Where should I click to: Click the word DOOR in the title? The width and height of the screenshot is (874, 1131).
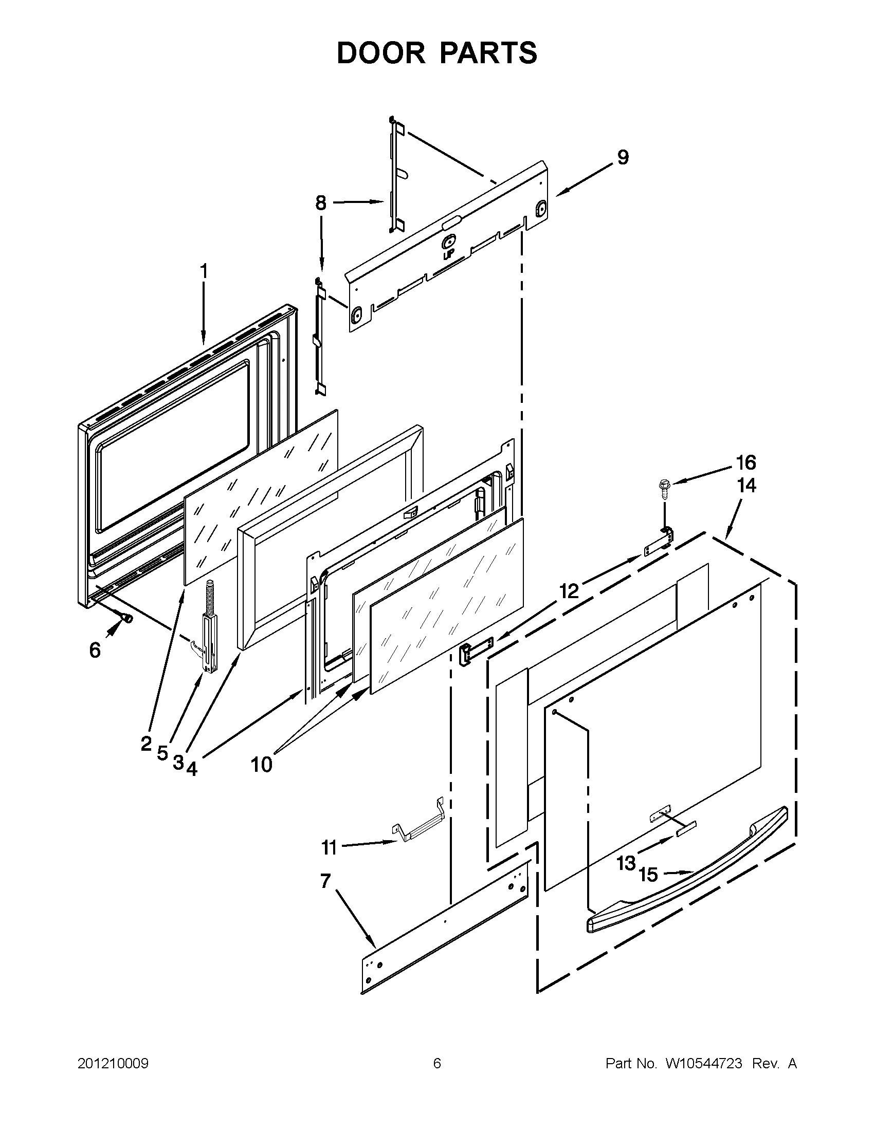click(380, 53)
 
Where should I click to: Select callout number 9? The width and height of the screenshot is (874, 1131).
click(623, 157)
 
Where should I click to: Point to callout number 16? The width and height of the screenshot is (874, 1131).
click(745, 462)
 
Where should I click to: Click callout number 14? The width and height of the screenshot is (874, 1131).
click(746, 486)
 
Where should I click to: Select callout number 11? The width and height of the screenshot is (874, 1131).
click(329, 848)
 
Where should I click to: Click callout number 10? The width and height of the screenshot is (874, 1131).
click(262, 764)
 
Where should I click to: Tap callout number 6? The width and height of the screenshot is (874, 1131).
click(95, 650)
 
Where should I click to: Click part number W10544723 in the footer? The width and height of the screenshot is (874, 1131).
click(703, 1064)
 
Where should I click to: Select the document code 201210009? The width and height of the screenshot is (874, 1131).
click(113, 1064)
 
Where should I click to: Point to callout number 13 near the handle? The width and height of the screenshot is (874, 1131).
click(626, 863)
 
